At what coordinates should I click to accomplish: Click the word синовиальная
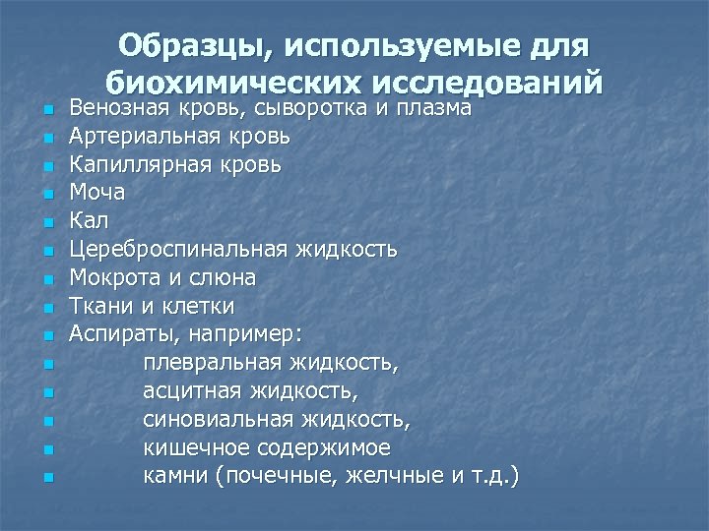click(x=218, y=421)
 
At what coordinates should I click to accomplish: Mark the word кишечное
click(x=194, y=448)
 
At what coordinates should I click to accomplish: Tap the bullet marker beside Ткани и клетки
click(x=48, y=307)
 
